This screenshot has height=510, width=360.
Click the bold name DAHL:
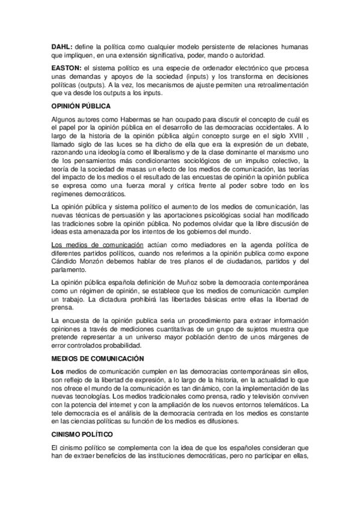[61, 46]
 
